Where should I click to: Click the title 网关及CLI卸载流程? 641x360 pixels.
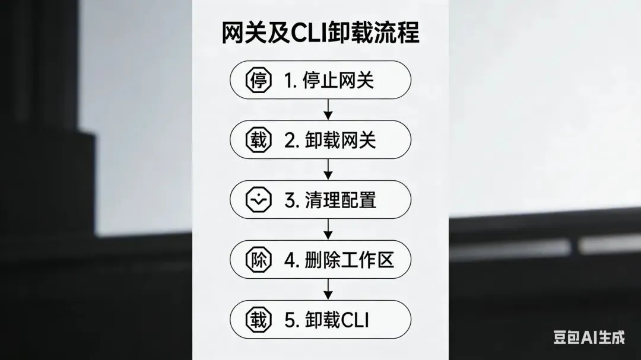[320, 33]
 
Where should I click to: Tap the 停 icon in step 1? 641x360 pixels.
[258, 80]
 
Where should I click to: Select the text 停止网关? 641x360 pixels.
[338, 80]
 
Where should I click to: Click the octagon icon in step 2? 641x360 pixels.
[258, 140]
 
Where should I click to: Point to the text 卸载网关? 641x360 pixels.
[340, 140]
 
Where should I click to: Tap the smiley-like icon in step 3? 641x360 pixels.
[258, 200]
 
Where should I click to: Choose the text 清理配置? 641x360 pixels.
[340, 200]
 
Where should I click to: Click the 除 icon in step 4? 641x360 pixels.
[258, 260]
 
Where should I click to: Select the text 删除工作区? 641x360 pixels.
[349, 260]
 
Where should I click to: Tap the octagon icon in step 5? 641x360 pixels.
[258, 320]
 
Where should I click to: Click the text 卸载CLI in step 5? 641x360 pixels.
[337, 320]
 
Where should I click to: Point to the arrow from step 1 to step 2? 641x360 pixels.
[328, 109]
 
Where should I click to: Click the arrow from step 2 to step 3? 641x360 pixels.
[328, 170]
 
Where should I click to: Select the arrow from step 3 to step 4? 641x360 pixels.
[328, 230]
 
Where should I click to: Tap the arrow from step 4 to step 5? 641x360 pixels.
[328, 289]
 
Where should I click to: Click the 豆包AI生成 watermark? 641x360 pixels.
[589, 337]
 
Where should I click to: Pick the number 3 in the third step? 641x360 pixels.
[290, 200]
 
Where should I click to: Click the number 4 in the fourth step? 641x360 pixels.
[290, 260]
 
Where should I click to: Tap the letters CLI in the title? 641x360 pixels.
[308, 33]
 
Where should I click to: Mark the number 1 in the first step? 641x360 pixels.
[289, 80]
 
